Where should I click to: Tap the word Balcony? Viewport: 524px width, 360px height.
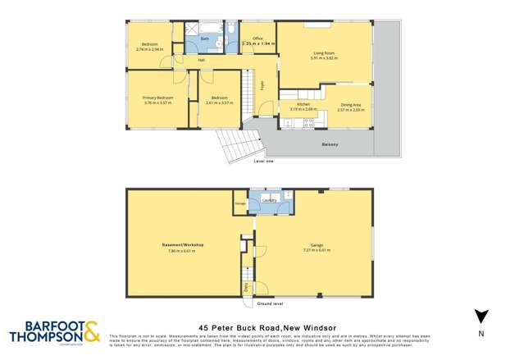click(x=328, y=146)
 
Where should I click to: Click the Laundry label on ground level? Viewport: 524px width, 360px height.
click(x=268, y=199)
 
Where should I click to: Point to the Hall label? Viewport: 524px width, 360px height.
click(x=200, y=60)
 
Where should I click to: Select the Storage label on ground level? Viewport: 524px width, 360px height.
click(x=240, y=201)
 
